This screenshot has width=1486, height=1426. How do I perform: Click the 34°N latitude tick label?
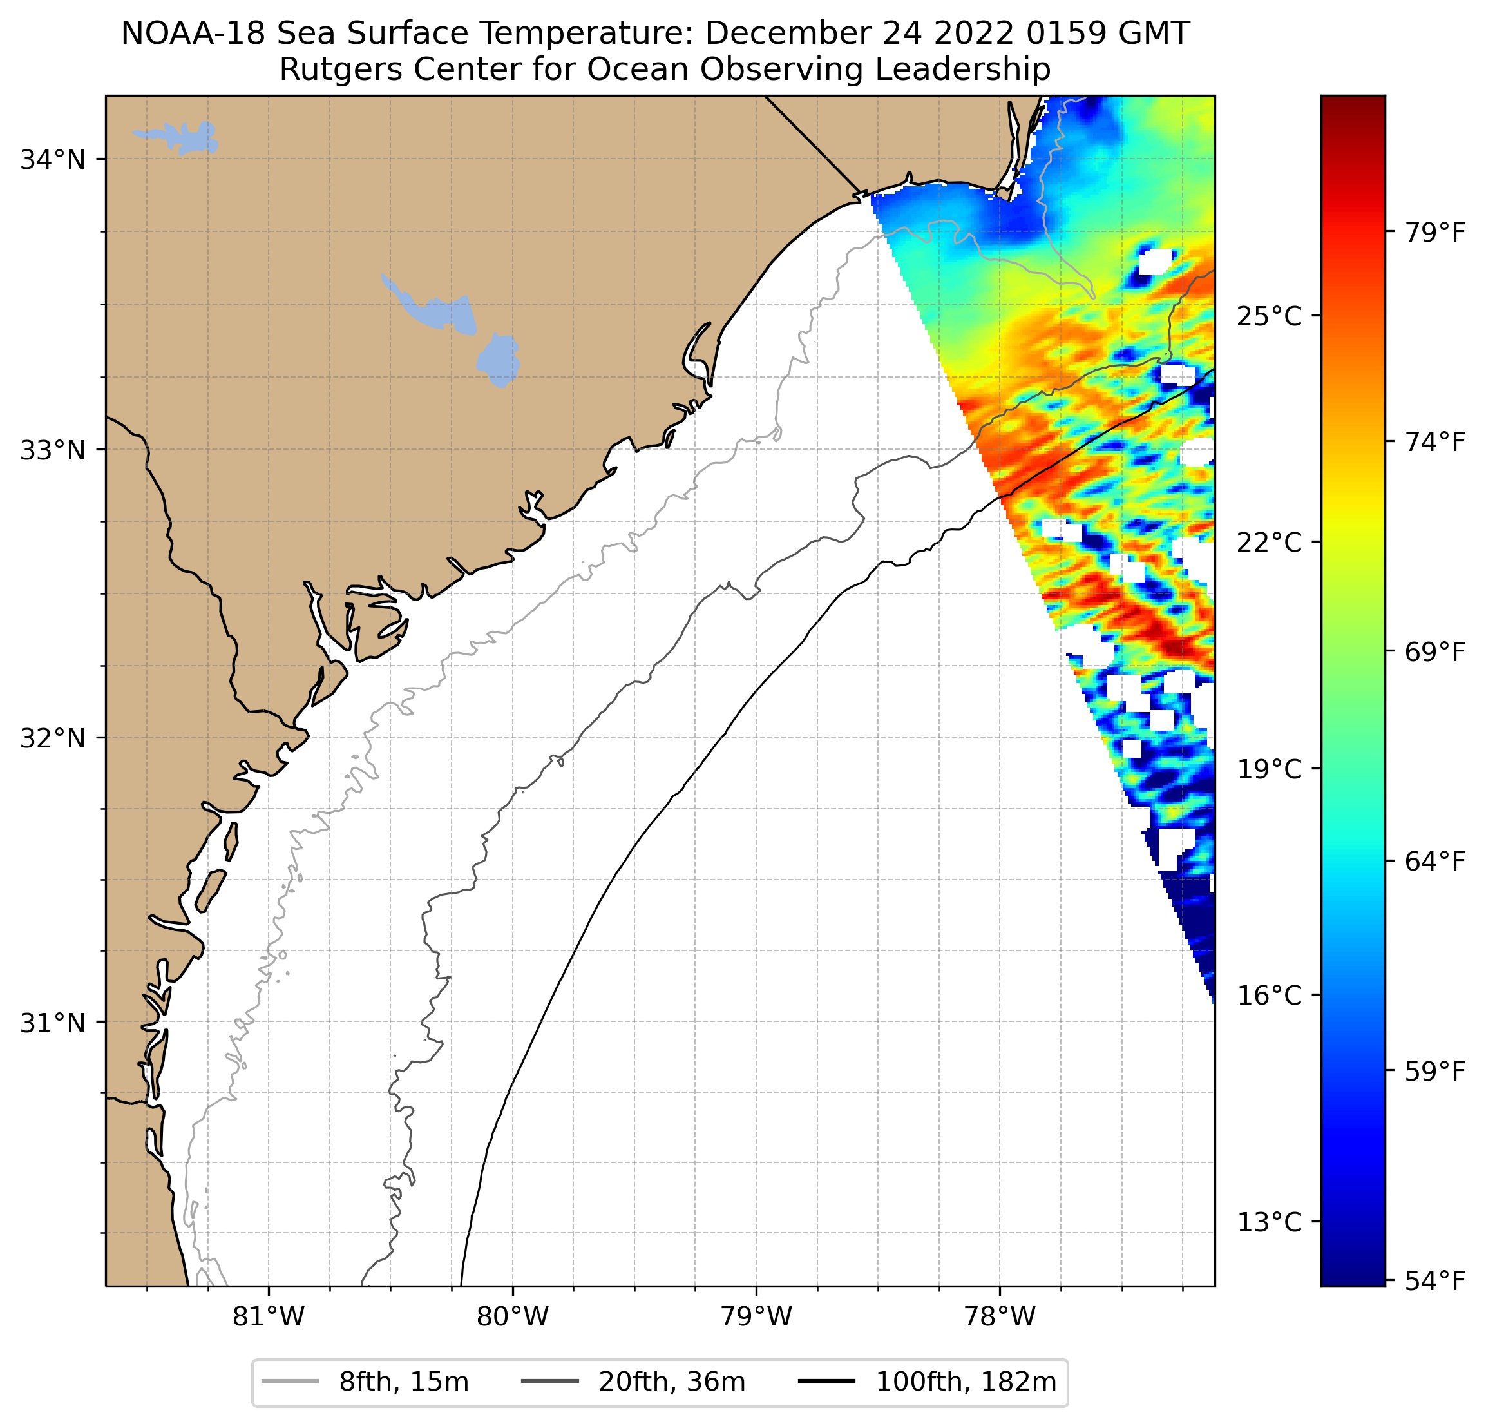(52, 160)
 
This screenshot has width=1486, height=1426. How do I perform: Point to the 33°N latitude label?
(52, 450)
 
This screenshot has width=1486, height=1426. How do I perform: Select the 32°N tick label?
(52, 738)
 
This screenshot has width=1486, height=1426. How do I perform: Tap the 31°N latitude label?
(52, 1023)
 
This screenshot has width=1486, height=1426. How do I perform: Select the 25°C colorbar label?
(1269, 316)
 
